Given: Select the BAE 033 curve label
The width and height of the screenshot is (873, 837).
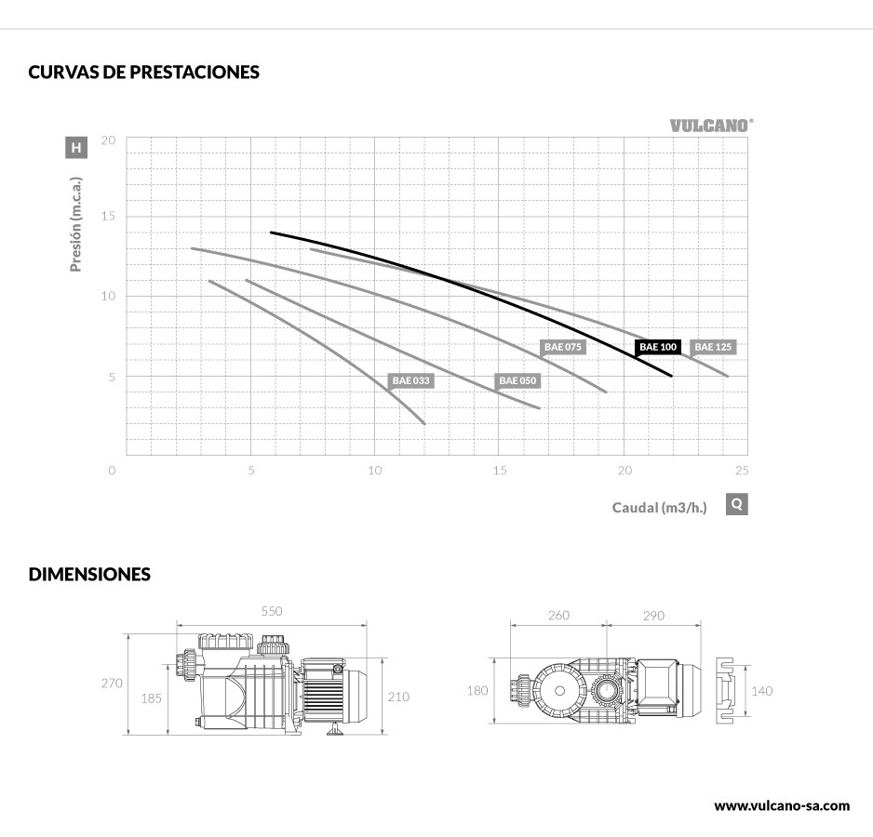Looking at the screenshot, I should click(410, 380).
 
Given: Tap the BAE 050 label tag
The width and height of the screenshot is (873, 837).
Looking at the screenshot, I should click(517, 380).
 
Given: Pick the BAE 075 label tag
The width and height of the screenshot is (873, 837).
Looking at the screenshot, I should click(563, 347).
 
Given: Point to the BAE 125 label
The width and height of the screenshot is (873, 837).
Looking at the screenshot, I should click(714, 347).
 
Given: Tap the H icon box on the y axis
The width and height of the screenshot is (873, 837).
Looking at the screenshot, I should click(76, 147).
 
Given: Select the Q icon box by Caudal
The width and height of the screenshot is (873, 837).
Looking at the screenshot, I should click(736, 504).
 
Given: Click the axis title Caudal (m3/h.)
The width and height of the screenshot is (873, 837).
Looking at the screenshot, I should click(659, 507).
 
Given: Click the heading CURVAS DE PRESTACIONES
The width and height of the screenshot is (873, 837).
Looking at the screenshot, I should click(143, 73).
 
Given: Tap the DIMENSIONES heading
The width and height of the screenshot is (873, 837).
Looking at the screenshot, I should click(89, 575).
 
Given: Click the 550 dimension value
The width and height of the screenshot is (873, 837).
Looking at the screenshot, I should click(271, 612).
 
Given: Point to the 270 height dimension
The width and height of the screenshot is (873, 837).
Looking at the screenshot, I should click(112, 684).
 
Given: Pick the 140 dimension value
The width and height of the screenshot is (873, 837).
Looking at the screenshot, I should click(761, 691).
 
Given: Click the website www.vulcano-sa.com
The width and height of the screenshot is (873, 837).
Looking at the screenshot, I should click(782, 805).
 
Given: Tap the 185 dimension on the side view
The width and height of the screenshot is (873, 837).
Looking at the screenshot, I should click(151, 697).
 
